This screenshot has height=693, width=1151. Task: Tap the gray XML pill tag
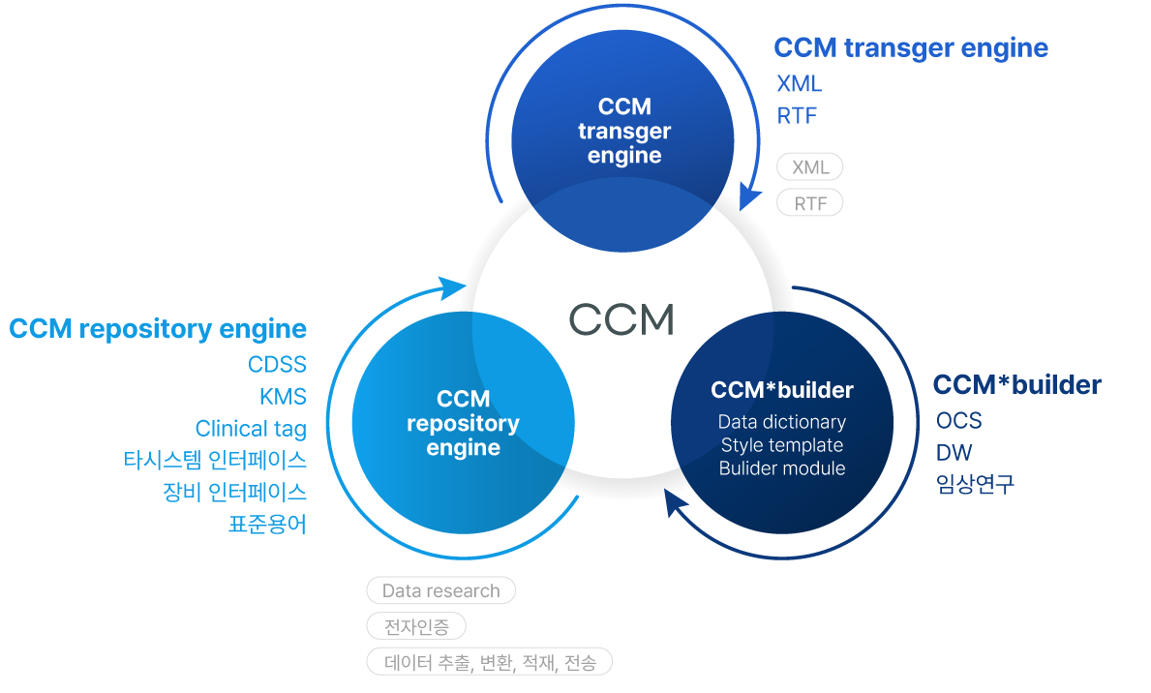[x=810, y=167]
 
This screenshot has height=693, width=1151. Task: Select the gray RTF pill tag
[x=810, y=203]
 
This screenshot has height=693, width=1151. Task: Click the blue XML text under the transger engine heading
[x=799, y=84]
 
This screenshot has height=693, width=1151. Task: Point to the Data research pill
[x=440, y=590]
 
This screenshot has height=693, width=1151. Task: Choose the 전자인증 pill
[x=416, y=626]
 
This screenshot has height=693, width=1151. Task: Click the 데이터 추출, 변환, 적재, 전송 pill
[x=489, y=662]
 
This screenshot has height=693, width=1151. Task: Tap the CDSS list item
[x=277, y=364]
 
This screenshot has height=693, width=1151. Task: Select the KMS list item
[x=283, y=396]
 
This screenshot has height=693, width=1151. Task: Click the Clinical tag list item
[x=251, y=429]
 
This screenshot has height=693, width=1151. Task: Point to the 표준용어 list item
[x=267, y=525]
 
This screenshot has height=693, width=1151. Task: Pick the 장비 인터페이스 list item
[x=235, y=492]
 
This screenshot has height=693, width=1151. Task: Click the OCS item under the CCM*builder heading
[x=958, y=421]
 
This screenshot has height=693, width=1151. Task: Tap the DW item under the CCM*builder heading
[x=954, y=453]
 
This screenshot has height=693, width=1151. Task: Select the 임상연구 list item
[x=975, y=485]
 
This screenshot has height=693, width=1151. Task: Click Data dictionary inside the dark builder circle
[x=781, y=422]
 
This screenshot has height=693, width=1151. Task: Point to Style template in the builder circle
[x=781, y=445]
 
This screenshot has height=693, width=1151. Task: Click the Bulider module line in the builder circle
[x=781, y=468]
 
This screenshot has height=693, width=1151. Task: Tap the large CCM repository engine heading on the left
[x=158, y=329]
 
